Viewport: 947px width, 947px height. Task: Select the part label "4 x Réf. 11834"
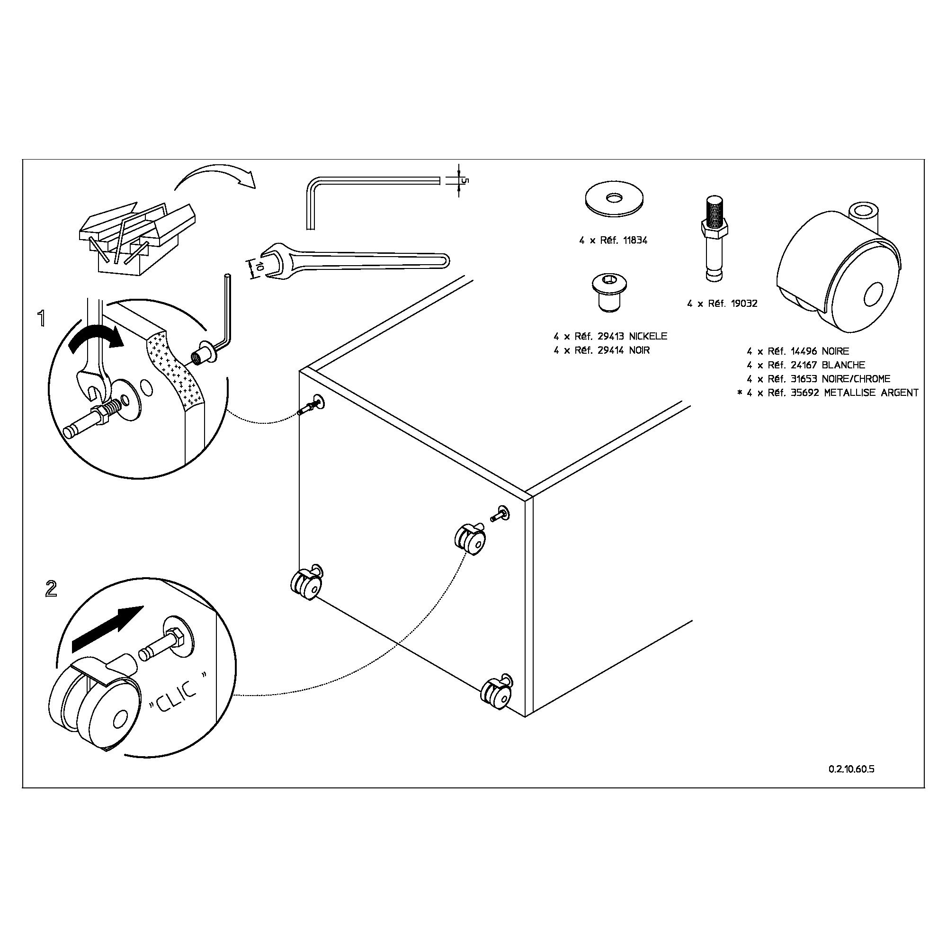(613, 241)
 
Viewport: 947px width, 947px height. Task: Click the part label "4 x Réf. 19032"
(722, 304)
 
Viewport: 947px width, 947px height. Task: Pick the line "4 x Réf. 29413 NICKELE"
(610, 336)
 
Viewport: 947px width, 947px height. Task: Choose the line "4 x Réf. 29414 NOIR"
(601, 350)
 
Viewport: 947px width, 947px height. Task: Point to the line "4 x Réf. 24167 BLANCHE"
(806, 365)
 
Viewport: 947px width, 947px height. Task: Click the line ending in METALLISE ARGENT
(828, 393)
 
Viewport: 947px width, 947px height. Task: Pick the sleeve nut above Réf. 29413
(609, 293)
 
